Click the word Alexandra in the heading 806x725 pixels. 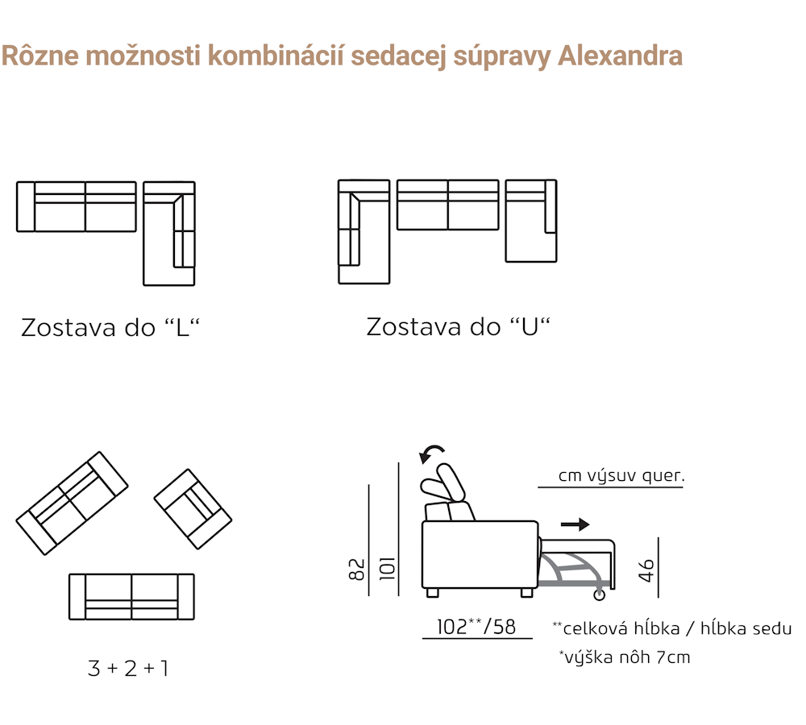tap(620, 56)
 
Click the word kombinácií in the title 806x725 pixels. tap(276, 56)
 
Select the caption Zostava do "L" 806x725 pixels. tap(110, 327)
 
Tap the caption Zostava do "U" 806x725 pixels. tap(458, 327)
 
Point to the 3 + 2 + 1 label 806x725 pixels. tap(128, 668)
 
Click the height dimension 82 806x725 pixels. tap(356, 570)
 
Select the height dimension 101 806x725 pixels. tap(387, 568)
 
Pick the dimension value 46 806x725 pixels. tap(646, 570)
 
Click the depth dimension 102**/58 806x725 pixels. tap(476, 627)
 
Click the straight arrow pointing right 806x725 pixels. tap(575, 524)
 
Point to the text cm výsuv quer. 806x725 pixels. tap(621, 475)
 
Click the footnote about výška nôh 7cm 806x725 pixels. tap(625, 657)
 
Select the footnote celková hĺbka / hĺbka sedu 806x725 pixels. tap(672, 628)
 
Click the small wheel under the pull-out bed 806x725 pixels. tap(600, 595)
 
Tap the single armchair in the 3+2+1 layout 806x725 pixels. tap(193, 508)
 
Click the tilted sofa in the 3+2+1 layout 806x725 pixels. tap(72, 503)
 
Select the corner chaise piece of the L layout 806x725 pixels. tap(169, 234)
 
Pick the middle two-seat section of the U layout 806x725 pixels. tap(447, 205)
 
